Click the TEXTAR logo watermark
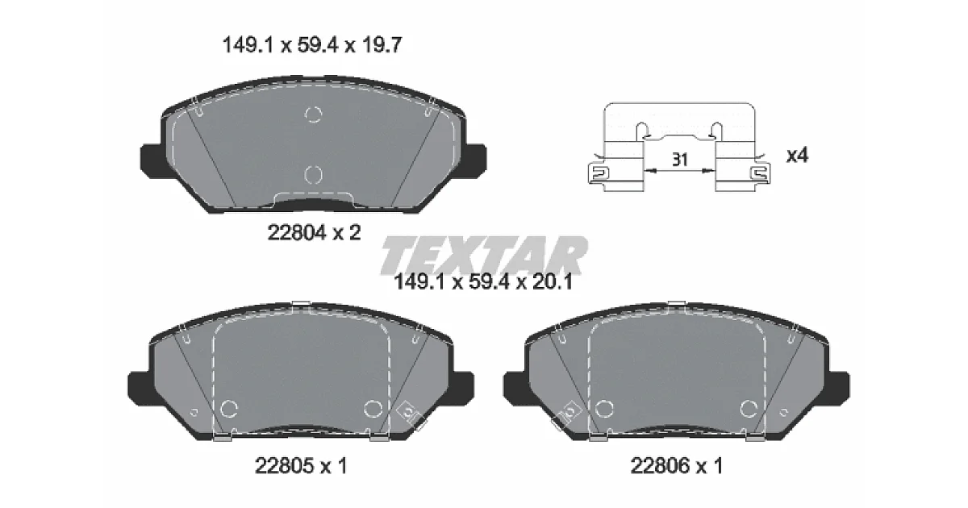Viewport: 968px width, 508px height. (x=484, y=256)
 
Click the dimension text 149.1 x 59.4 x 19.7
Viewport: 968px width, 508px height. (x=312, y=45)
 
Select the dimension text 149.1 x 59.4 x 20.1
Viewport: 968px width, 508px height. (x=483, y=282)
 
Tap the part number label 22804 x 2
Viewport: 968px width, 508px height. (x=314, y=233)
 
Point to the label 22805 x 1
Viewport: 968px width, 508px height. (x=301, y=466)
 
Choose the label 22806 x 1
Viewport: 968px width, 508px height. (x=676, y=466)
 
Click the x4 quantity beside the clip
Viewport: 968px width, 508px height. (x=797, y=155)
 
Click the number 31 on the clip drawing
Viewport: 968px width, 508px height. (x=680, y=160)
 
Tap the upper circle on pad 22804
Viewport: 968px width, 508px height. (x=313, y=114)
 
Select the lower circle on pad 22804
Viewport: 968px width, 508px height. (x=313, y=175)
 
